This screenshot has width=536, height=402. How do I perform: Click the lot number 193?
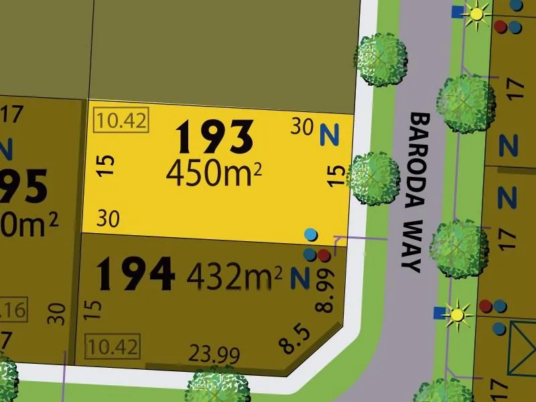214,137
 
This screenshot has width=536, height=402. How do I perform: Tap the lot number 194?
136,274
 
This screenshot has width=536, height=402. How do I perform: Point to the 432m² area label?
234,275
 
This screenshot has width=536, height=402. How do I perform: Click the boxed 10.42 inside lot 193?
121,121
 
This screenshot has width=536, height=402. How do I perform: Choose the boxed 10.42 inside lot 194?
112,348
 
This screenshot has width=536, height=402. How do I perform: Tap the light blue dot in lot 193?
310,234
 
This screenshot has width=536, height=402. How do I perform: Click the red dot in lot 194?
324,255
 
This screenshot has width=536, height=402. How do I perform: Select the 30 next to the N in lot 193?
303,126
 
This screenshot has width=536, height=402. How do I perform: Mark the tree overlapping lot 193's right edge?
375,178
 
